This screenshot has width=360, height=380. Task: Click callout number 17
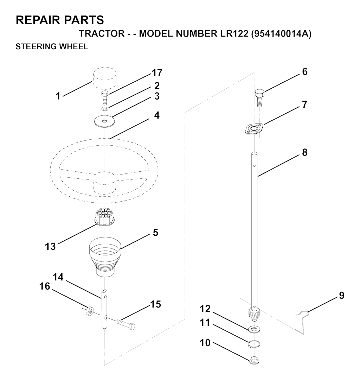point(157,73)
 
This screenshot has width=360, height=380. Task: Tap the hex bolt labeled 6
point(259,98)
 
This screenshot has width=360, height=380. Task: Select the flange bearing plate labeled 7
point(253,128)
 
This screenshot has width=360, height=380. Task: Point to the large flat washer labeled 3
point(104,121)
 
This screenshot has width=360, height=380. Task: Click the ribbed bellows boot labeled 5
point(105,256)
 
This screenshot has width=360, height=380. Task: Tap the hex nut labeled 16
point(89,310)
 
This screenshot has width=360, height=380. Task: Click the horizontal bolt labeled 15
point(125,324)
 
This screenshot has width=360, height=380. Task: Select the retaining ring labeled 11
point(254,344)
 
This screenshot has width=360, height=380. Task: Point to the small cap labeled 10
point(254,360)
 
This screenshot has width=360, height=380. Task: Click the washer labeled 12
point(254,329)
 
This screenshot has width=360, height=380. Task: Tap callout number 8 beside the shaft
point(304,152)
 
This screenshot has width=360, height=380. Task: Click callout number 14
point(58,277)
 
